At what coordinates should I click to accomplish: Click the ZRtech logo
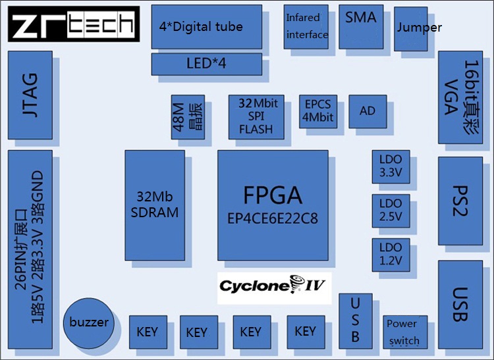(x=74, y=24)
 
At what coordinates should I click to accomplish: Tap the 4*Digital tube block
(x=202, y=27)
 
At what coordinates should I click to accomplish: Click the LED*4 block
(x=206, y=64)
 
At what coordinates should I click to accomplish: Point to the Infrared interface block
(x=306, y=27)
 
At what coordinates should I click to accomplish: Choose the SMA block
(x=360, y=26)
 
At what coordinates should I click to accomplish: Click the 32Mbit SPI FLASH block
(x=256, y=116)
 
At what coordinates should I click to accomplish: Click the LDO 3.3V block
(x=390, y=168)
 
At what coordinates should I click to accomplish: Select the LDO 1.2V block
(x=390, y=255)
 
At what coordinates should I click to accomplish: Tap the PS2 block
(x=460, y=200)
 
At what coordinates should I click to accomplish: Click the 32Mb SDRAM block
(x=154, y=205)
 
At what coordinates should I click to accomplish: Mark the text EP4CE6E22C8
(x=272, y=218)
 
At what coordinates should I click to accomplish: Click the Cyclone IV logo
(x=274, y=286)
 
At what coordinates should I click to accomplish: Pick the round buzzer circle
(x=89, y=322)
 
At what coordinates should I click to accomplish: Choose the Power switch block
(x=402, y=332)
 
